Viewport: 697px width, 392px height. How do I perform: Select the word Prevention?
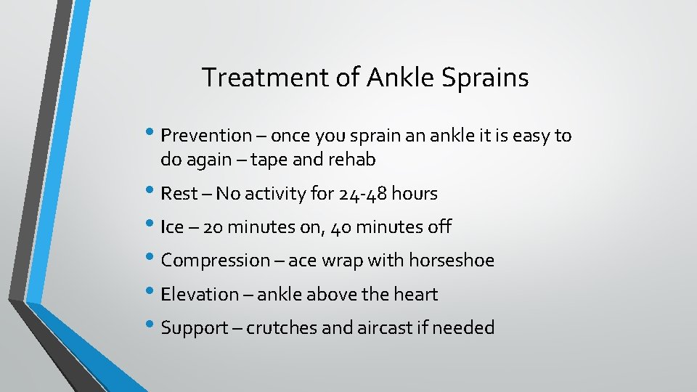205,136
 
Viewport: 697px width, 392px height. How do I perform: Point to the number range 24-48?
362,194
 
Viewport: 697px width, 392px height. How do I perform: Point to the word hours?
414,194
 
